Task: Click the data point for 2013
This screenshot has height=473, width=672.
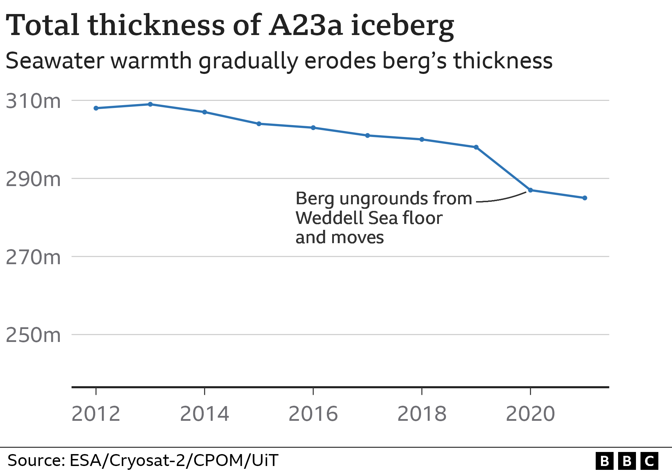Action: [150, 104]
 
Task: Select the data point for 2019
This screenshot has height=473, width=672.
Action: [476, 147]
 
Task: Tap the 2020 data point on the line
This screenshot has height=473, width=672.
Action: [530, 190]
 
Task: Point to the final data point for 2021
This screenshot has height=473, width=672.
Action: [584, 198]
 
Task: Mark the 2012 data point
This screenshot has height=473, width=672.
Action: [96, 108]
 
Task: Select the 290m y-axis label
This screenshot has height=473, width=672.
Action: [33, 179]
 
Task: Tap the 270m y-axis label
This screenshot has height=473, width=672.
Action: [33, 257]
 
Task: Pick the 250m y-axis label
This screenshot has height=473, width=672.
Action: [33, 335]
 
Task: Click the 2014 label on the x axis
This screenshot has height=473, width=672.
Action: [204, 414]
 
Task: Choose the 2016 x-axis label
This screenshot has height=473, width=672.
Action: [313, 414]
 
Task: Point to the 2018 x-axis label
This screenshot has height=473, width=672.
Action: [422, 414]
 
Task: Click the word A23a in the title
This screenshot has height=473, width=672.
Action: [306, 25]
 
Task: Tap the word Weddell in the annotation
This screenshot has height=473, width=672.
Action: [329, 218]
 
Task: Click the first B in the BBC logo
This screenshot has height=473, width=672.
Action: [604, 461]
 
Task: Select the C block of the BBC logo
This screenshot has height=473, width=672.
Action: [649, 461]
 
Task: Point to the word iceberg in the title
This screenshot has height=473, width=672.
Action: [402, 26]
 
